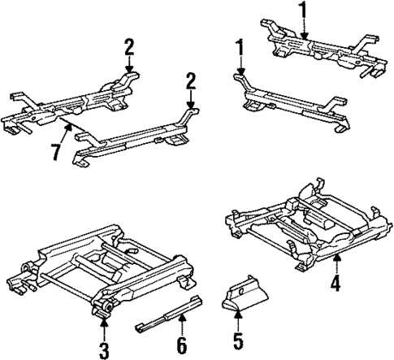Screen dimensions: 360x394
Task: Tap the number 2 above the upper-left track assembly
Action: pyautogui.click(x=129, y=47)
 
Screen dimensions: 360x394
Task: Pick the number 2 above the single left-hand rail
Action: pyautogui.click(x=190, y=81)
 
